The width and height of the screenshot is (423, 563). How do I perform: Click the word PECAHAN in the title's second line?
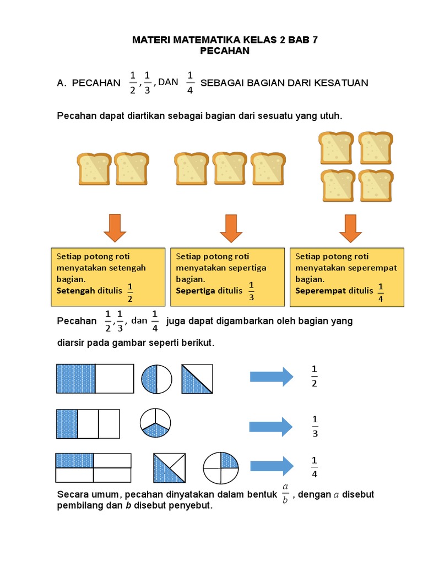pyautogui.click(x=225, y=51)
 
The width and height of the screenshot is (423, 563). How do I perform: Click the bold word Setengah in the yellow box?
pyautogui.click(x=75, y=290)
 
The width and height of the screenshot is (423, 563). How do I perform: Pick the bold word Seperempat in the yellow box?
pyautogui.click(x=320, y=290)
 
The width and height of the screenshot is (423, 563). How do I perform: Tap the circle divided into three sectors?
pyautogui.click(x=155, y=422)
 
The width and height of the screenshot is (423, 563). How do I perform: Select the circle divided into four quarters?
pyautogui.click(x=221, y=468)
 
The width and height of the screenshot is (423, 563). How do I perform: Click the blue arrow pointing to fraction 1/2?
pyautogui.click(x=272, y=377)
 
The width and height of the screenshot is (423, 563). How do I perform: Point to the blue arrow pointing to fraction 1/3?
pyautogui.click(x=270, y=427)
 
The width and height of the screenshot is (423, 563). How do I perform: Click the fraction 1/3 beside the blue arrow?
pyautogui.click(x=315, y=427)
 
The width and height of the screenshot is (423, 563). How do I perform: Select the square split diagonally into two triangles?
pyautogui.click(x=197, y=378)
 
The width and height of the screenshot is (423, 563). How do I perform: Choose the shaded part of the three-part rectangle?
pyautogui.click(x=67, y=423)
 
